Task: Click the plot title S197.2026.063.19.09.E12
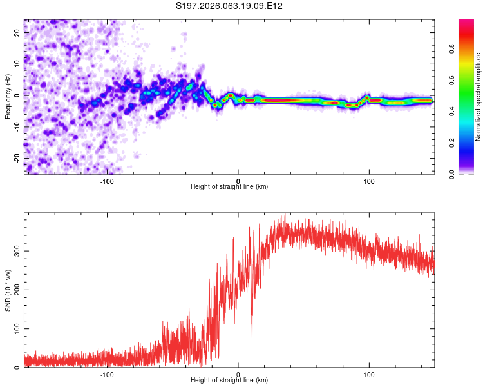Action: point(230,6)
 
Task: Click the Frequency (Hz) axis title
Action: point(8,95)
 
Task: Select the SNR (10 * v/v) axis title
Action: point(8,290)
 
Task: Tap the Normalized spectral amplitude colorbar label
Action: point(478,97)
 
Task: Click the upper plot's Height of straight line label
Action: point(229,186)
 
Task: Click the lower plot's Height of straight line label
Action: point(229,381)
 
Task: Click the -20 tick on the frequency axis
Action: point(17,158)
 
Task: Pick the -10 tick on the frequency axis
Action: point(17,126)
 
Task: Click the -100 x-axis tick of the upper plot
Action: point(107,181)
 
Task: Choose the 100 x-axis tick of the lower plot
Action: point(369,374)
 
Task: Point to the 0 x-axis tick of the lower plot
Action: point(238,374)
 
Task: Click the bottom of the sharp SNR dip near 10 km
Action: point(252,337)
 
